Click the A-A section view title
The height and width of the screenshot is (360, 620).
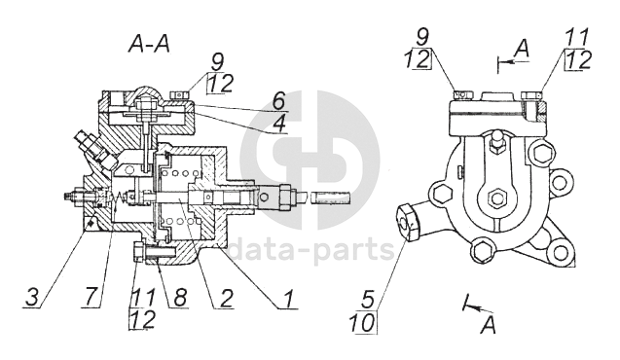149,44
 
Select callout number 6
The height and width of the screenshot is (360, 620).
278,100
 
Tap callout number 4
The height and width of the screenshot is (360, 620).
279,124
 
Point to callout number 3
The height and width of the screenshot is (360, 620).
32,297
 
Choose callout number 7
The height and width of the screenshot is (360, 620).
91,297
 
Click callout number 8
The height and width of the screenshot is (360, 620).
179,297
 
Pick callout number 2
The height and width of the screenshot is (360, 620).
226,298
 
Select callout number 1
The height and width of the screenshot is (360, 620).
288,299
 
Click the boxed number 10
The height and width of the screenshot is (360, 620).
363,322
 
